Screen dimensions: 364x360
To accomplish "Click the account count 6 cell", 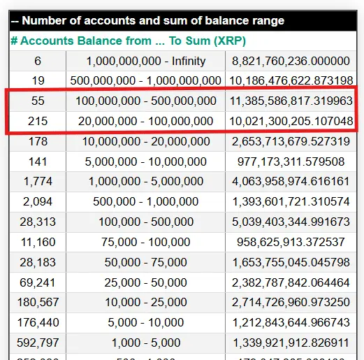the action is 38,61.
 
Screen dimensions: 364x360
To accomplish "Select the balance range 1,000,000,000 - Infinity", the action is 145,61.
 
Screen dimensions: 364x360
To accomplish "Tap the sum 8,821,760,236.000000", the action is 290,61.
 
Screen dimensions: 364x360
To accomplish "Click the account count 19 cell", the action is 38,81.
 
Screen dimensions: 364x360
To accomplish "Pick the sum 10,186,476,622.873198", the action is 290,81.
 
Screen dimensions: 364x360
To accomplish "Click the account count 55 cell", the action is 38,101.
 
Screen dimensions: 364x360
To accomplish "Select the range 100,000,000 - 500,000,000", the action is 145,101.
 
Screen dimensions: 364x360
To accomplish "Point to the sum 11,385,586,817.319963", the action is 290,101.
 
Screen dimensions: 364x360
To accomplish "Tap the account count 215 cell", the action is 38,122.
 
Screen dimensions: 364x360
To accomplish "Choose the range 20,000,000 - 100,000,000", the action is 145,122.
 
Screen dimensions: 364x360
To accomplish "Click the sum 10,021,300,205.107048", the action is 290,122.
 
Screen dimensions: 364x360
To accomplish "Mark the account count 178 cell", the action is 38,142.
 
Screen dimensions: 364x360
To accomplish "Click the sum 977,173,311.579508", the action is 290,161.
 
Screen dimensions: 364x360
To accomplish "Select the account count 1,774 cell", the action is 38,182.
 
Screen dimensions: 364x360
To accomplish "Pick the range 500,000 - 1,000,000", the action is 145,202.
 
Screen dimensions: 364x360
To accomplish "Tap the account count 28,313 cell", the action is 38,222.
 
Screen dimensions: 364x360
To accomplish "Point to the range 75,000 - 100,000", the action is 145,243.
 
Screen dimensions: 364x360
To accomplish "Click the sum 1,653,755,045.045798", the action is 290,263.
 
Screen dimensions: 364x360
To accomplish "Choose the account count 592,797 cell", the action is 38,343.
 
